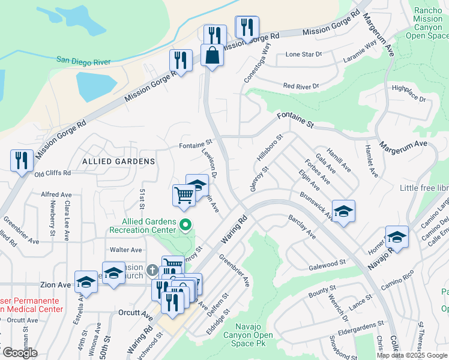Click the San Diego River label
point(89,59)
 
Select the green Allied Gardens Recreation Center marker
point(185,226)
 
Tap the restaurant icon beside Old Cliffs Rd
point(22,161)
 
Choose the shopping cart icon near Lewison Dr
point(184,194)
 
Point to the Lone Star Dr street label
point(304,54)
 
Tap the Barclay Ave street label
point(301,227)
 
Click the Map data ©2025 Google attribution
point(411,355)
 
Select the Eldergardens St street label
point(352,329)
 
